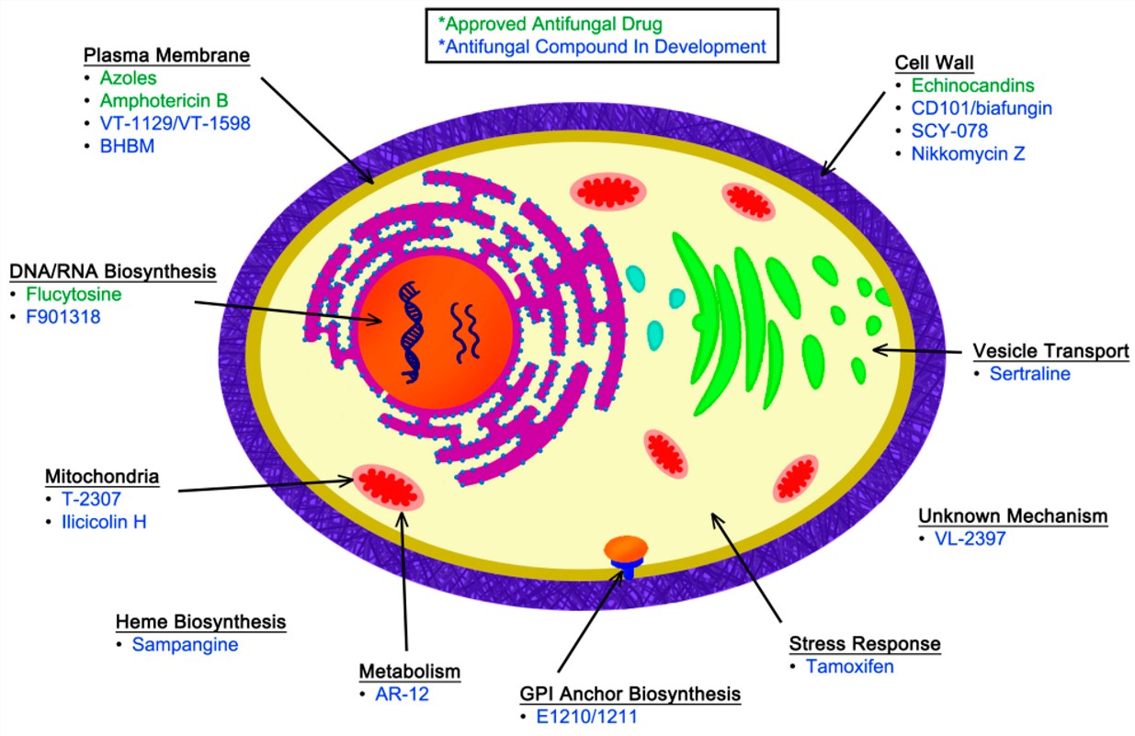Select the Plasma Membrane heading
(x=165, y=54)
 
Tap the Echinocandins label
(x=972, y=85)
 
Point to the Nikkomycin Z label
(x=968, y=153)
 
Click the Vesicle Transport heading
(x=1050, y=351)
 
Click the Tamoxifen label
(x=849, y=666)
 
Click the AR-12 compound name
(x=402, y=694)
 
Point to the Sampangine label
(x=185, y=644)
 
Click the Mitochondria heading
(x=101, y=477)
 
